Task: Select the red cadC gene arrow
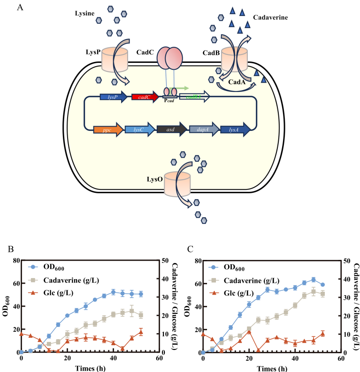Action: (145, 97)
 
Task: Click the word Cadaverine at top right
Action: (270, 18)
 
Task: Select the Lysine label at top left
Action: (85, 14)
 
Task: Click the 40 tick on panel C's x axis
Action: (295, 358)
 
